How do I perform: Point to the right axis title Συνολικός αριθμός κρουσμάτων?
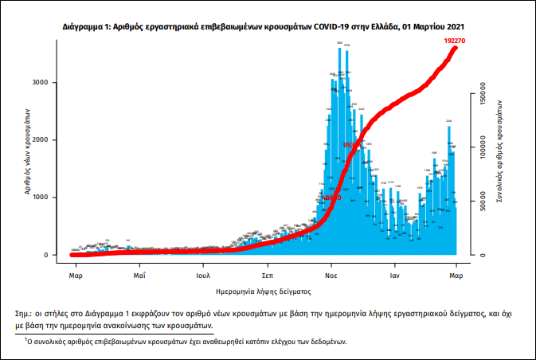[499, 151]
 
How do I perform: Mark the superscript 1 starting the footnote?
[26, 339]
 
